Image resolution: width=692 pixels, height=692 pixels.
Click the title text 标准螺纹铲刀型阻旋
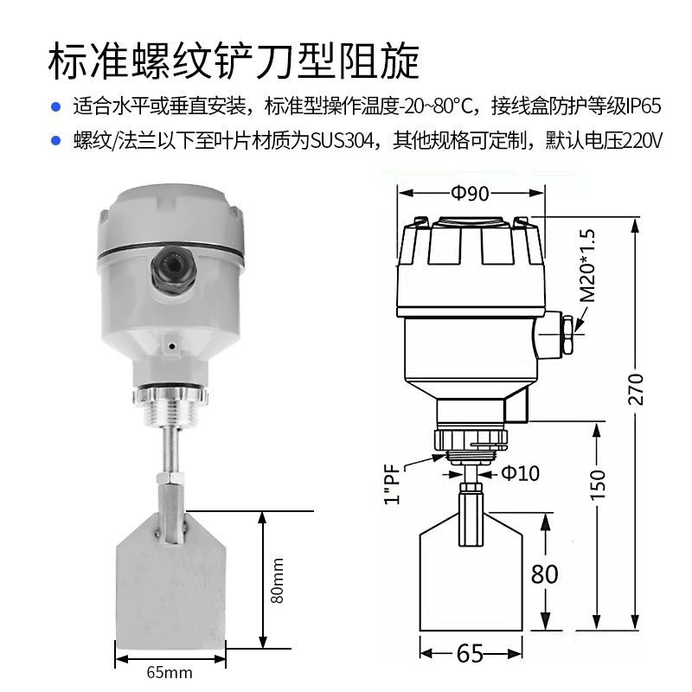point(234,60)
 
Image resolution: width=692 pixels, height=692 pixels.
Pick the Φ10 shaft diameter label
point(521,473)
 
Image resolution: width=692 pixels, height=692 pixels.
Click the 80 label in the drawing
point(545,573)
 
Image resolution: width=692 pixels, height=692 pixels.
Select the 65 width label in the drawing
point(470,654)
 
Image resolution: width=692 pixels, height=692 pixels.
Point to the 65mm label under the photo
point(170,672)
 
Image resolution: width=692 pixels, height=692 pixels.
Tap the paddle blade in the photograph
point(170,588)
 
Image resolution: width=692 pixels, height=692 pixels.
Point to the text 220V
point(641,140)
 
